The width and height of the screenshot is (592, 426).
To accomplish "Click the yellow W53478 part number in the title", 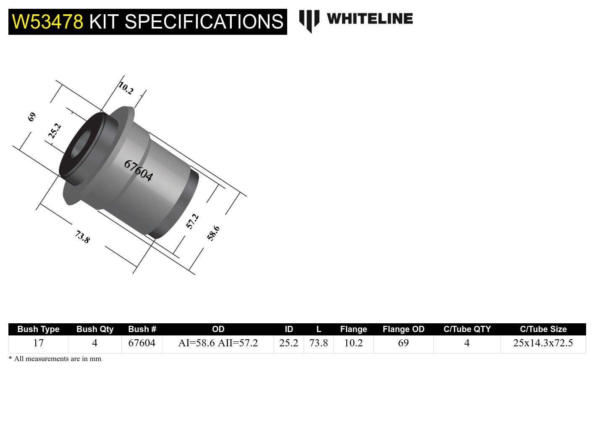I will coord(47,22).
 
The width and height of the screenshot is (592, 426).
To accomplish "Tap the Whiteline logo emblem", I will coord(309,20).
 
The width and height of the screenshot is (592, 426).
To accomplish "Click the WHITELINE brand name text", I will coord(369,19).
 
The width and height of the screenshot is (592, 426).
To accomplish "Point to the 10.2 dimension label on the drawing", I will coord(126,88).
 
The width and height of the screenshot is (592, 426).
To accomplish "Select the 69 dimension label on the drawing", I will coord(32,117).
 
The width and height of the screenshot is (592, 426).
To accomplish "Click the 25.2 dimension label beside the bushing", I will coord(55,131).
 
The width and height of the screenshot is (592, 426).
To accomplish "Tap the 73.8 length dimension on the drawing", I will coord(82,237).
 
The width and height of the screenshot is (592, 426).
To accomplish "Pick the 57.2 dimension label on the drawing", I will coord(192,221).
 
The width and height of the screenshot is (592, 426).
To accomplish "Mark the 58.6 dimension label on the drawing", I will coord(213,233).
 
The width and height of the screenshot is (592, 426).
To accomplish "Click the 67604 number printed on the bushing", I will coord(138,170).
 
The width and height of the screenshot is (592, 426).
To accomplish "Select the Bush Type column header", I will coord(38,329).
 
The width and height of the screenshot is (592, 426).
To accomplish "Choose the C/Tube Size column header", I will coord(543,329).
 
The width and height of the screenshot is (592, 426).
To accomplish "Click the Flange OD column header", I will coord(403,329).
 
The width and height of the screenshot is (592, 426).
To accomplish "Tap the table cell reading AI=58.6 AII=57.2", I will coord(218,343).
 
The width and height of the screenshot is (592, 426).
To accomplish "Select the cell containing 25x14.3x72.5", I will coord(543,343).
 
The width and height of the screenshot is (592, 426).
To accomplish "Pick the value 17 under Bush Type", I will coord(38,343).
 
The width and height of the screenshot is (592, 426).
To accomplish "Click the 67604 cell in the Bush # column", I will coord(141,343).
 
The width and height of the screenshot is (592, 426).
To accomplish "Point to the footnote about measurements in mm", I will coord(55,359).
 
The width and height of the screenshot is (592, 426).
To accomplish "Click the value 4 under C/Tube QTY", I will coord(466,343).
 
